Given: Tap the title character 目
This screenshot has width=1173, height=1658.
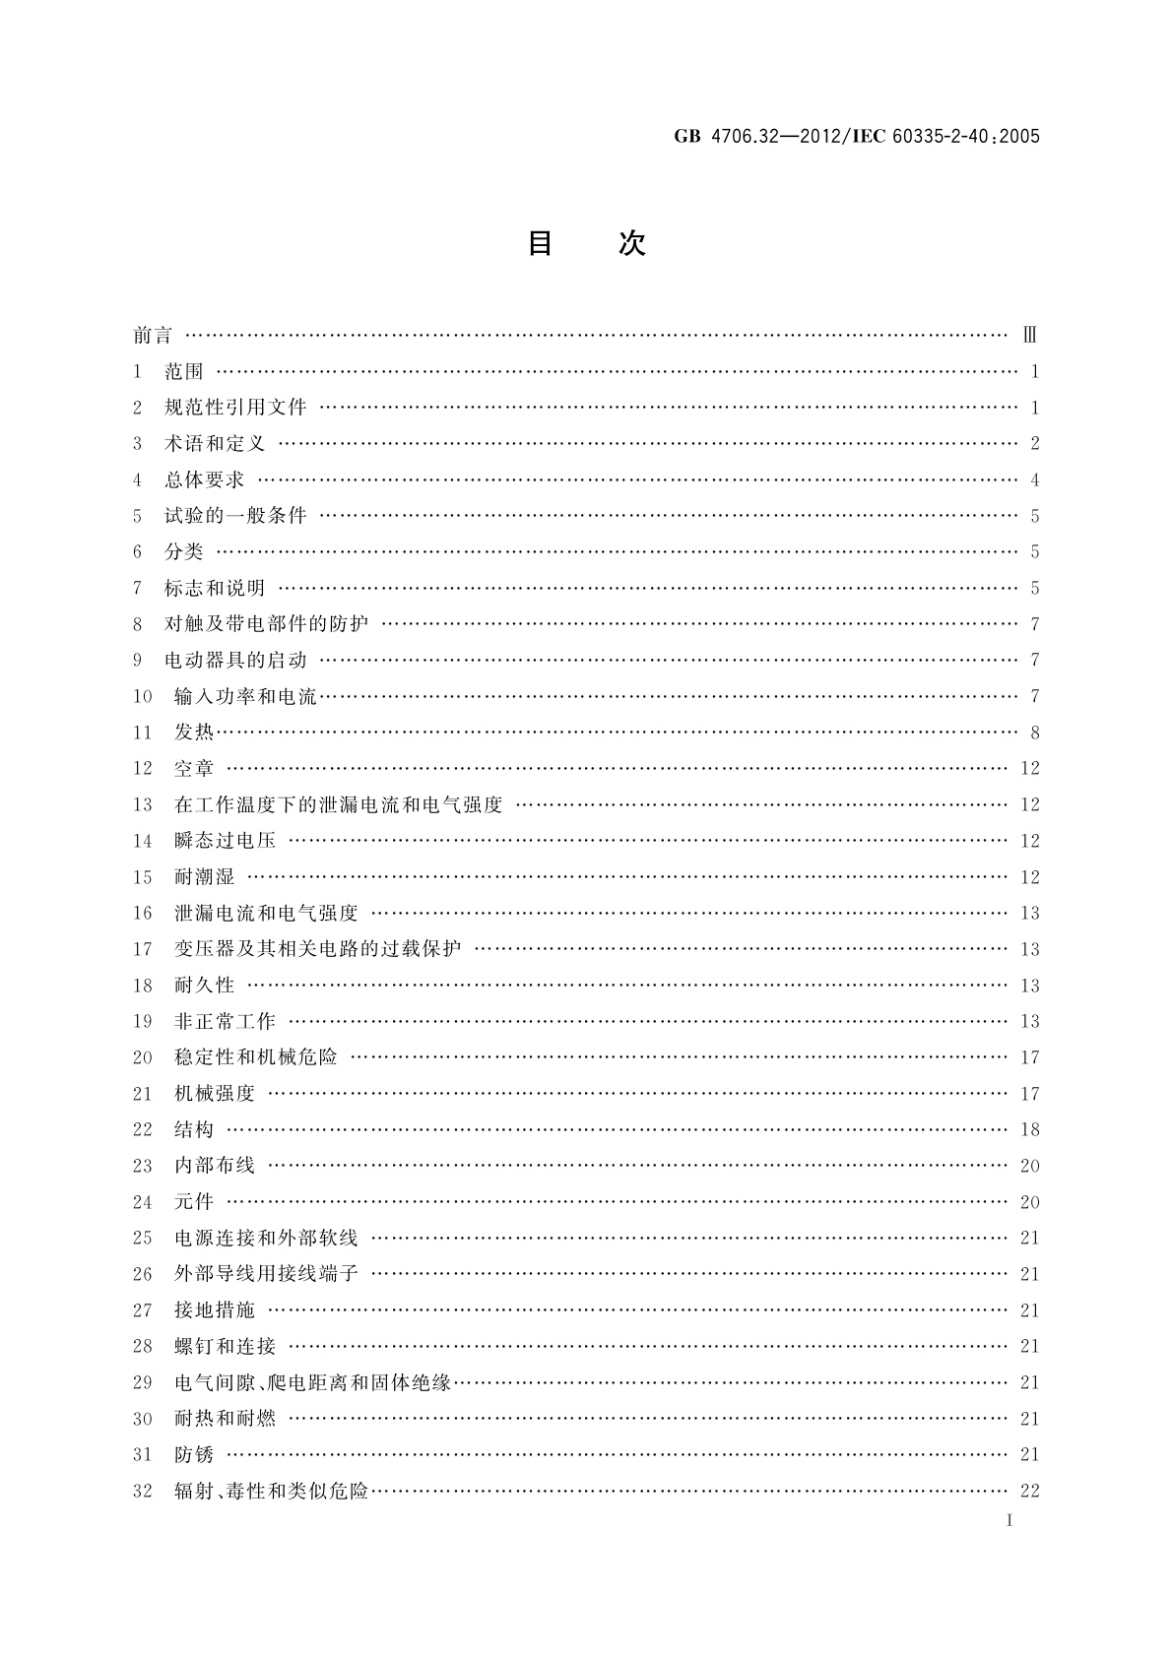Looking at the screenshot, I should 540,243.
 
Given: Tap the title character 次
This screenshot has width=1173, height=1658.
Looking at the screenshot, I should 632,243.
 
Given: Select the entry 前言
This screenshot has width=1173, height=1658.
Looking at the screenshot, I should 153,336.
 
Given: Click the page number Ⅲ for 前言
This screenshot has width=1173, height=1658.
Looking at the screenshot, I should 1029,336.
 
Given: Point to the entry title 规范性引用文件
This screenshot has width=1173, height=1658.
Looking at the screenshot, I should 235,408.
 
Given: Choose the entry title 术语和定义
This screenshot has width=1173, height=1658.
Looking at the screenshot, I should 215,444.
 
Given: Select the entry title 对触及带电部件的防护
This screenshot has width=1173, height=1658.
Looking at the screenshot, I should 266,624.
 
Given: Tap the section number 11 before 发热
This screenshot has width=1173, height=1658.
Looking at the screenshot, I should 143,733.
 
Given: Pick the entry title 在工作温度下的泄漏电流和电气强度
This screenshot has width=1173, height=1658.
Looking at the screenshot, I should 338,805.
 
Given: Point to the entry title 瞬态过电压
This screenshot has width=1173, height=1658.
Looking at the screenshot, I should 225,841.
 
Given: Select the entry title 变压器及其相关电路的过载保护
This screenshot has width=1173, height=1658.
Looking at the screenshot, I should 317,949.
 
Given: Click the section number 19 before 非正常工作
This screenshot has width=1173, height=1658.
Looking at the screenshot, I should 143,1022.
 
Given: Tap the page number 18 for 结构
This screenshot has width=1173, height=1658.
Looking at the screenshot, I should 1030,1130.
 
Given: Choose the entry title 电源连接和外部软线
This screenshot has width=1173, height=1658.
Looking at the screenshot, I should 266,1239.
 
